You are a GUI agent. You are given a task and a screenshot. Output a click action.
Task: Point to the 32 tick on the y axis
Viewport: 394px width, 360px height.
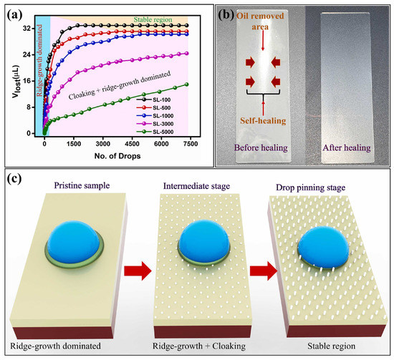pos(27,27)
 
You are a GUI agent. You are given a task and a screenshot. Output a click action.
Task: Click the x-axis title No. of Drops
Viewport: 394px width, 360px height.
pos(105,156)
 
